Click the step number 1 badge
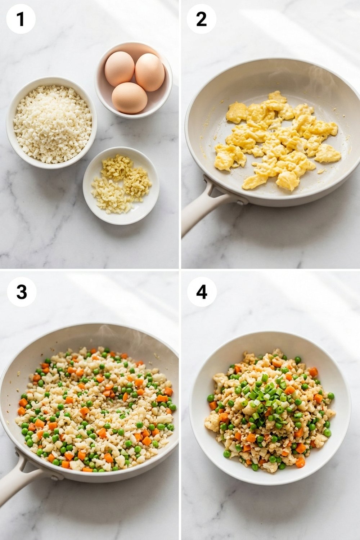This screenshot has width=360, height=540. pyautogui.click(x=21, y=19)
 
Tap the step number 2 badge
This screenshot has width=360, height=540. pyautogui.click(x=201, y=19)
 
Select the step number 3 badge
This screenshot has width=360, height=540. pyautogui.click(x=22, y=292)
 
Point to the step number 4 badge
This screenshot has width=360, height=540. pyautogui.click(x=202, y=292)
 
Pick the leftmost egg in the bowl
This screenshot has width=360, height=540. pyautogui.click(x=119, y=68)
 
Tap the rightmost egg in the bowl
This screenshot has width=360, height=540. pyautogui.click(x=150, y=72)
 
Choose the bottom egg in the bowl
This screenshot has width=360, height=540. pyautogui.click(x=129, y=98)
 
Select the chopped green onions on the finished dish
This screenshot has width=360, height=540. pyautogui.click(x=268, y=396)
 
